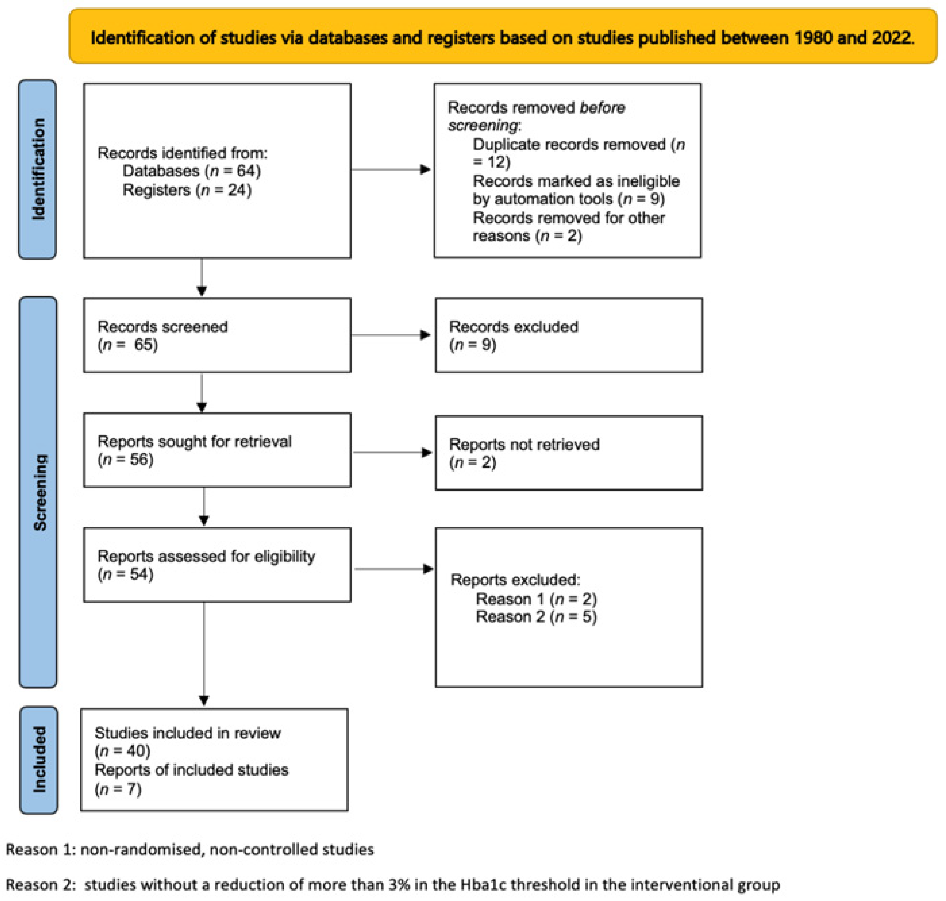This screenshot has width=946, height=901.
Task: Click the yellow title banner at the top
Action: pos(502,36)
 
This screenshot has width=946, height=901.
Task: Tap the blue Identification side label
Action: pos(38,169)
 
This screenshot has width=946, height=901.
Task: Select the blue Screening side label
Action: pos(38,492)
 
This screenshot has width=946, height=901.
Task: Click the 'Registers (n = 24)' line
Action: pos(187,190)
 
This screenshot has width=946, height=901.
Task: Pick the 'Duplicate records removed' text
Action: pos(569,144)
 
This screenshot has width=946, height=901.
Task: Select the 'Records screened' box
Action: pos(217,335)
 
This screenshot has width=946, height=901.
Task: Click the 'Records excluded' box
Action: pos(569,335)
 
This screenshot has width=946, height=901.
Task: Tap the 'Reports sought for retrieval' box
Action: pos(217,450)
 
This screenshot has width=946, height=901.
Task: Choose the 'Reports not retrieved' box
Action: pos(569,453)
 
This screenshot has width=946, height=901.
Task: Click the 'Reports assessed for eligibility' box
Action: pos(217,565)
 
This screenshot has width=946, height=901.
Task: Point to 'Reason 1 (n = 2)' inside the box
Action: pos(536,599)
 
